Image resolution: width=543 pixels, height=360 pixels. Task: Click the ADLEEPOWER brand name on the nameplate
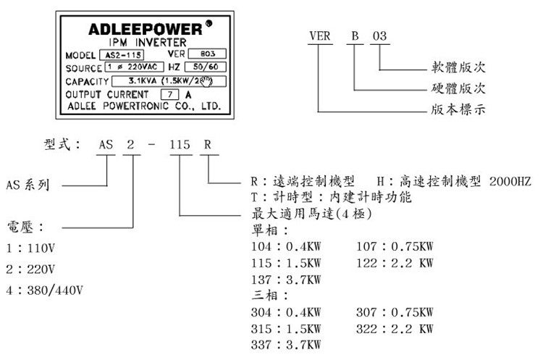pos(144,30)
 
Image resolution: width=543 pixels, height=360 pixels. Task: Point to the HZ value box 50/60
pos(209,67)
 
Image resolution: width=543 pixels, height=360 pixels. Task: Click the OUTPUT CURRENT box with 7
pos(169,94)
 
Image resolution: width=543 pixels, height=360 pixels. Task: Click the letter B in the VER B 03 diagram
pos(354,35)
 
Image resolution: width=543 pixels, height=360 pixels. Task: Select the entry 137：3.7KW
pos(285,279)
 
